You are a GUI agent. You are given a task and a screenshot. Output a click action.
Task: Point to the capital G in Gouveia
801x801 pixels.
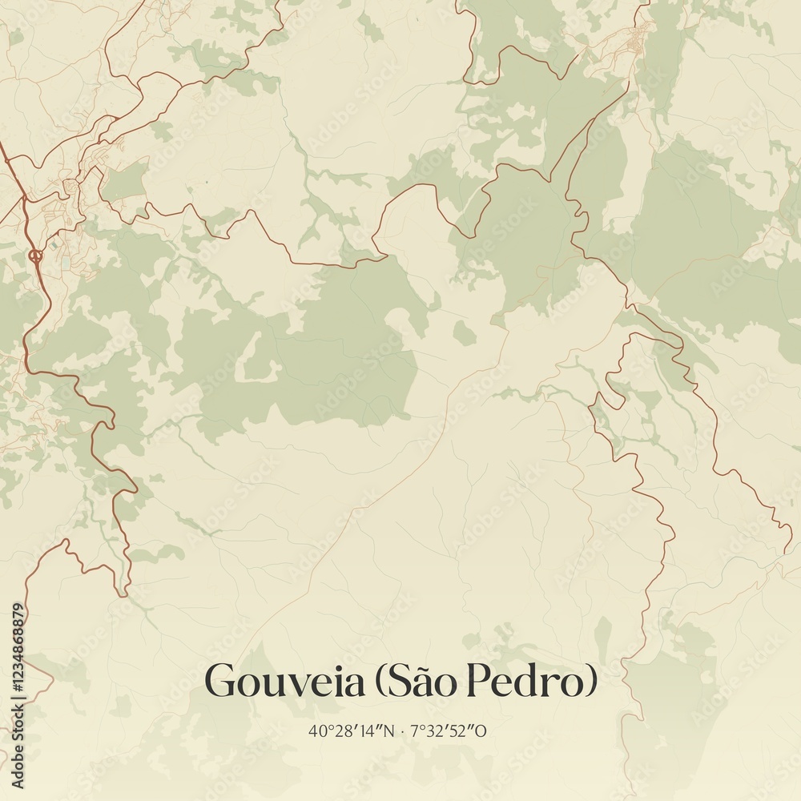tap(220, 682)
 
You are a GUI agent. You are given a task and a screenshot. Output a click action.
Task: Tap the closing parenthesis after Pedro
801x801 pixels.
tap(591, 682)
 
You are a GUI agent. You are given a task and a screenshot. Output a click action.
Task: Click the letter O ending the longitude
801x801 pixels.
tap(482, 731)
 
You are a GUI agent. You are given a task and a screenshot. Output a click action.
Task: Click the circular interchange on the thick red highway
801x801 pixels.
tap(35, 256)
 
